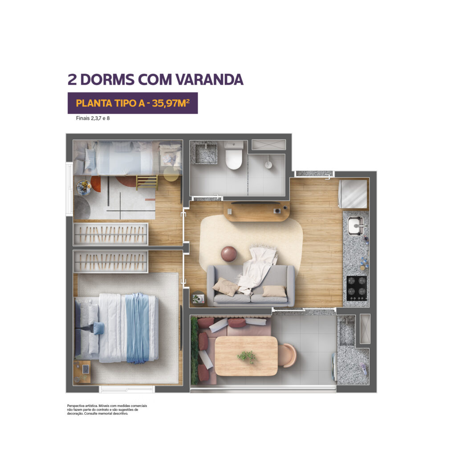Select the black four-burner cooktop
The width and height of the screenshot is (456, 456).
(357, 288)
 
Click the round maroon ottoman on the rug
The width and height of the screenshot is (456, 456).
(229, 253)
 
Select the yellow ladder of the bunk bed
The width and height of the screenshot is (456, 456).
(147, 182)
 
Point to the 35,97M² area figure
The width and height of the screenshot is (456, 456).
(171, 103)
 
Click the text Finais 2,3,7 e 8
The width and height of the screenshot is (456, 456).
(89, 119)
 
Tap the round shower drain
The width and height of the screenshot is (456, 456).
(268, 164)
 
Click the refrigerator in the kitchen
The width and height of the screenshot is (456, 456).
(354, 194)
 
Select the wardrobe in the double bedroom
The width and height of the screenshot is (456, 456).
(110, 262)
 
